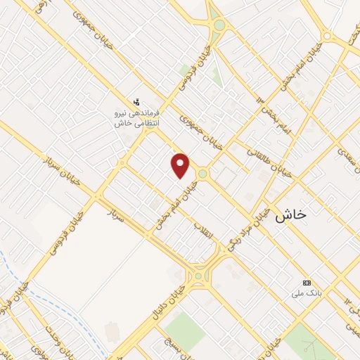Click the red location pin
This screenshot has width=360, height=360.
[x=181, y=165]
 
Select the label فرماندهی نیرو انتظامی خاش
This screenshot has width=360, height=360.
[x=138, y=117]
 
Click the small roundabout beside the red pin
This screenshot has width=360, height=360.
[x=202, y=173]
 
